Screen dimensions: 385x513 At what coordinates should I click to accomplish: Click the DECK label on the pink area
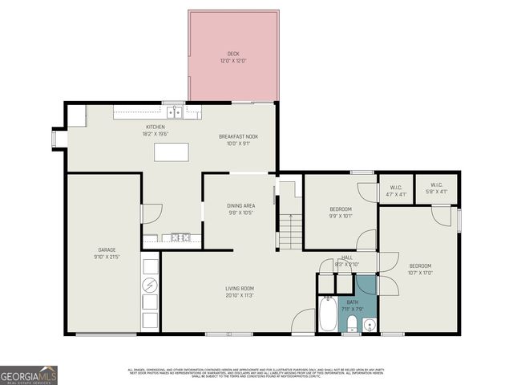point(233,55)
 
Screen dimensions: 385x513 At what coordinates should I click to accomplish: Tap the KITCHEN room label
point(155,128)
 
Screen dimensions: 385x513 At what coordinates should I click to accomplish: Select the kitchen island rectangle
point(172,152)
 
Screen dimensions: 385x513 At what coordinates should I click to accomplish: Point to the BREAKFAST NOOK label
point(238,137)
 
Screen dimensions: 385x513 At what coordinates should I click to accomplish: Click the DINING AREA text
point(241,206)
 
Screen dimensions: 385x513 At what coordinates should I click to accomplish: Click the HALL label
point(346,257)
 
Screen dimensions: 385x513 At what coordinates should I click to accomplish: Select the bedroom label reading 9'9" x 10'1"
point(340,216)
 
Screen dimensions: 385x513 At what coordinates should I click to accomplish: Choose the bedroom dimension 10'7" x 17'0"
point(420,272)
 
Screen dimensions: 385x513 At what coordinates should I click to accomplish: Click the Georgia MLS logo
point(29,375)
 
